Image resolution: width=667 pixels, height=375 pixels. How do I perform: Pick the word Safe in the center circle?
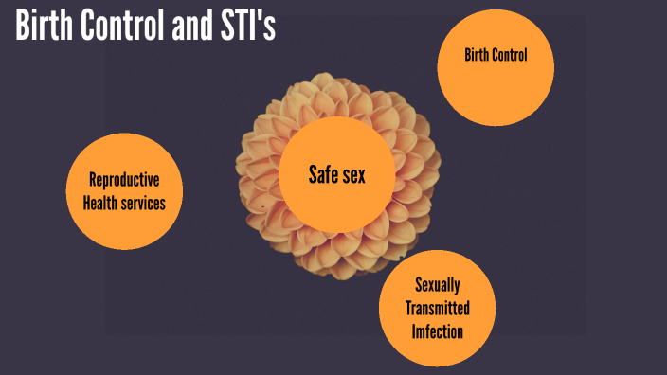click(323, 174)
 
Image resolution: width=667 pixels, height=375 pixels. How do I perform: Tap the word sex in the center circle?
click(353, 174)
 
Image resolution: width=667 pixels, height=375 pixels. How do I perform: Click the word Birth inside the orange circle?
click(477, 56)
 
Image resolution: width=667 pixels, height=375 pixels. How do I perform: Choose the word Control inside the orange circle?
click(509, 56)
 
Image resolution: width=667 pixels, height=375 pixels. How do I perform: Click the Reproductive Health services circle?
click(123, 191)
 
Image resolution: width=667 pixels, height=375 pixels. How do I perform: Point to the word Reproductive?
click(123, 180)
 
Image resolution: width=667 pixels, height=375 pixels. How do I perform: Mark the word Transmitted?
click(438, 309)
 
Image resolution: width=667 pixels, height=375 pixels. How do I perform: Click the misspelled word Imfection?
click(438, 330)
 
